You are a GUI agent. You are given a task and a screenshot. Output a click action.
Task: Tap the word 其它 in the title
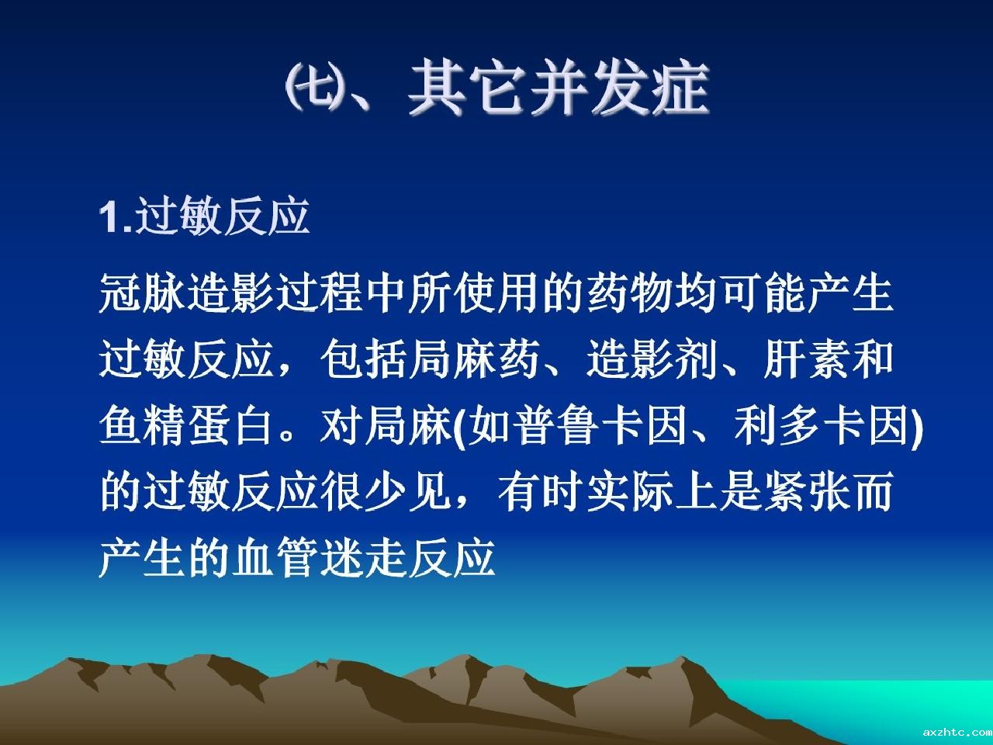pyautogui.click(x=467, y=86)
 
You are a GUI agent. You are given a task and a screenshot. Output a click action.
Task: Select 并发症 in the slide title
pyautogui.click(x=619, y=86)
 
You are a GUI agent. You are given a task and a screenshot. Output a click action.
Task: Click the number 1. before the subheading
pyautogui.click(x=116, y=218)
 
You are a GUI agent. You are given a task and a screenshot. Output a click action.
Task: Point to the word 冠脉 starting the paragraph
pyautogui.click(x=143, y=293)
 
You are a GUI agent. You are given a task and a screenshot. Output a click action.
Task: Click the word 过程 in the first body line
pyautogui.click(x=320, y=293)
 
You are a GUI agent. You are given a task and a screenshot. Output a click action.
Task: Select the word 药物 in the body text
pyautogui.click(x=630, y=293)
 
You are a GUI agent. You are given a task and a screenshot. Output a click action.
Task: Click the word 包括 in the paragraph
pyautogui.click(x=365, y=359)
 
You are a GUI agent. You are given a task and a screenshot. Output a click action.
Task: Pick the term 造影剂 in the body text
pyautogui.click(x=652, y=359)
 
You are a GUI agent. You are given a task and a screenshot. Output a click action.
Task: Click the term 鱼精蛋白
pyautogui.click(x=186, y=425)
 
